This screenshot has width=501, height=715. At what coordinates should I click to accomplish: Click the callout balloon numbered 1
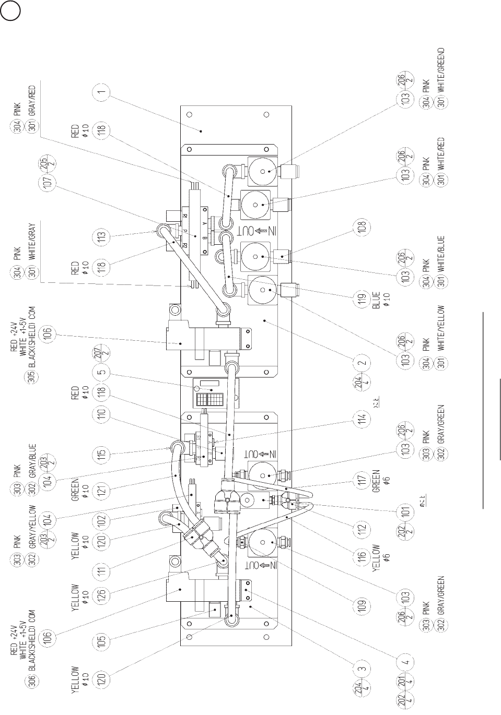click(101, 93)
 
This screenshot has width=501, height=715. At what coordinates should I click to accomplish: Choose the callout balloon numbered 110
click(101, 414)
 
